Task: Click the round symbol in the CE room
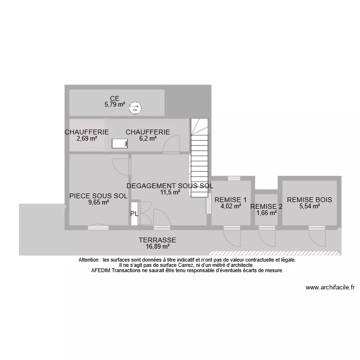[136, 108]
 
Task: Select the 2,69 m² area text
[86, 138]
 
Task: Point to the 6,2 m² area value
[147, 138]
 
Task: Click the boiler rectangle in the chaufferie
[120, 143]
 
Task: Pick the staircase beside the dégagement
[199, 158]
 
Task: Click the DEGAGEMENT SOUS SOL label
[169, 186]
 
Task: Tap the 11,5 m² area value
[170, 192]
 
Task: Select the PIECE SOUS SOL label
[98, 196]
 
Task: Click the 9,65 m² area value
[98, 202]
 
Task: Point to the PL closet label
[134, 215]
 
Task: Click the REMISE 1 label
[230, 200]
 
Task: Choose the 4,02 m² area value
[230, 206]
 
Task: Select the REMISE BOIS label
[309, 200]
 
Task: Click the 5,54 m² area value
[309, 206]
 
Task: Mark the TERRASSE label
[157, 240]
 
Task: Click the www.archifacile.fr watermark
[330, 288]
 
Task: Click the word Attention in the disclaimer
[90, 260]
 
